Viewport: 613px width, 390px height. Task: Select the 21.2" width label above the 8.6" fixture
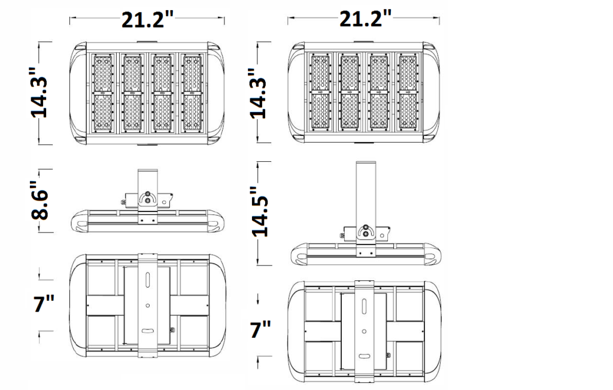click(147, 19)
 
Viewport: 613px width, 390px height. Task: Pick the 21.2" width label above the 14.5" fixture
click(365, 19)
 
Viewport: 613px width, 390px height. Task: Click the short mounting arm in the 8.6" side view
click(147, 180)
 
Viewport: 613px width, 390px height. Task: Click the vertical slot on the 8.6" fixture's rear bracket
click(147, 280)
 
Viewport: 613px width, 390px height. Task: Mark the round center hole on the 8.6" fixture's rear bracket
click(147, 305)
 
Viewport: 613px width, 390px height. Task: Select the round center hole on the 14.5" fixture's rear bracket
click(365, 331)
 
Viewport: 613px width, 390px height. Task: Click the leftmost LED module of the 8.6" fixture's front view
click(103, 93)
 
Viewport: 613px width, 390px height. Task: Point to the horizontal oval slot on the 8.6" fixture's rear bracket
click(147, 331)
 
